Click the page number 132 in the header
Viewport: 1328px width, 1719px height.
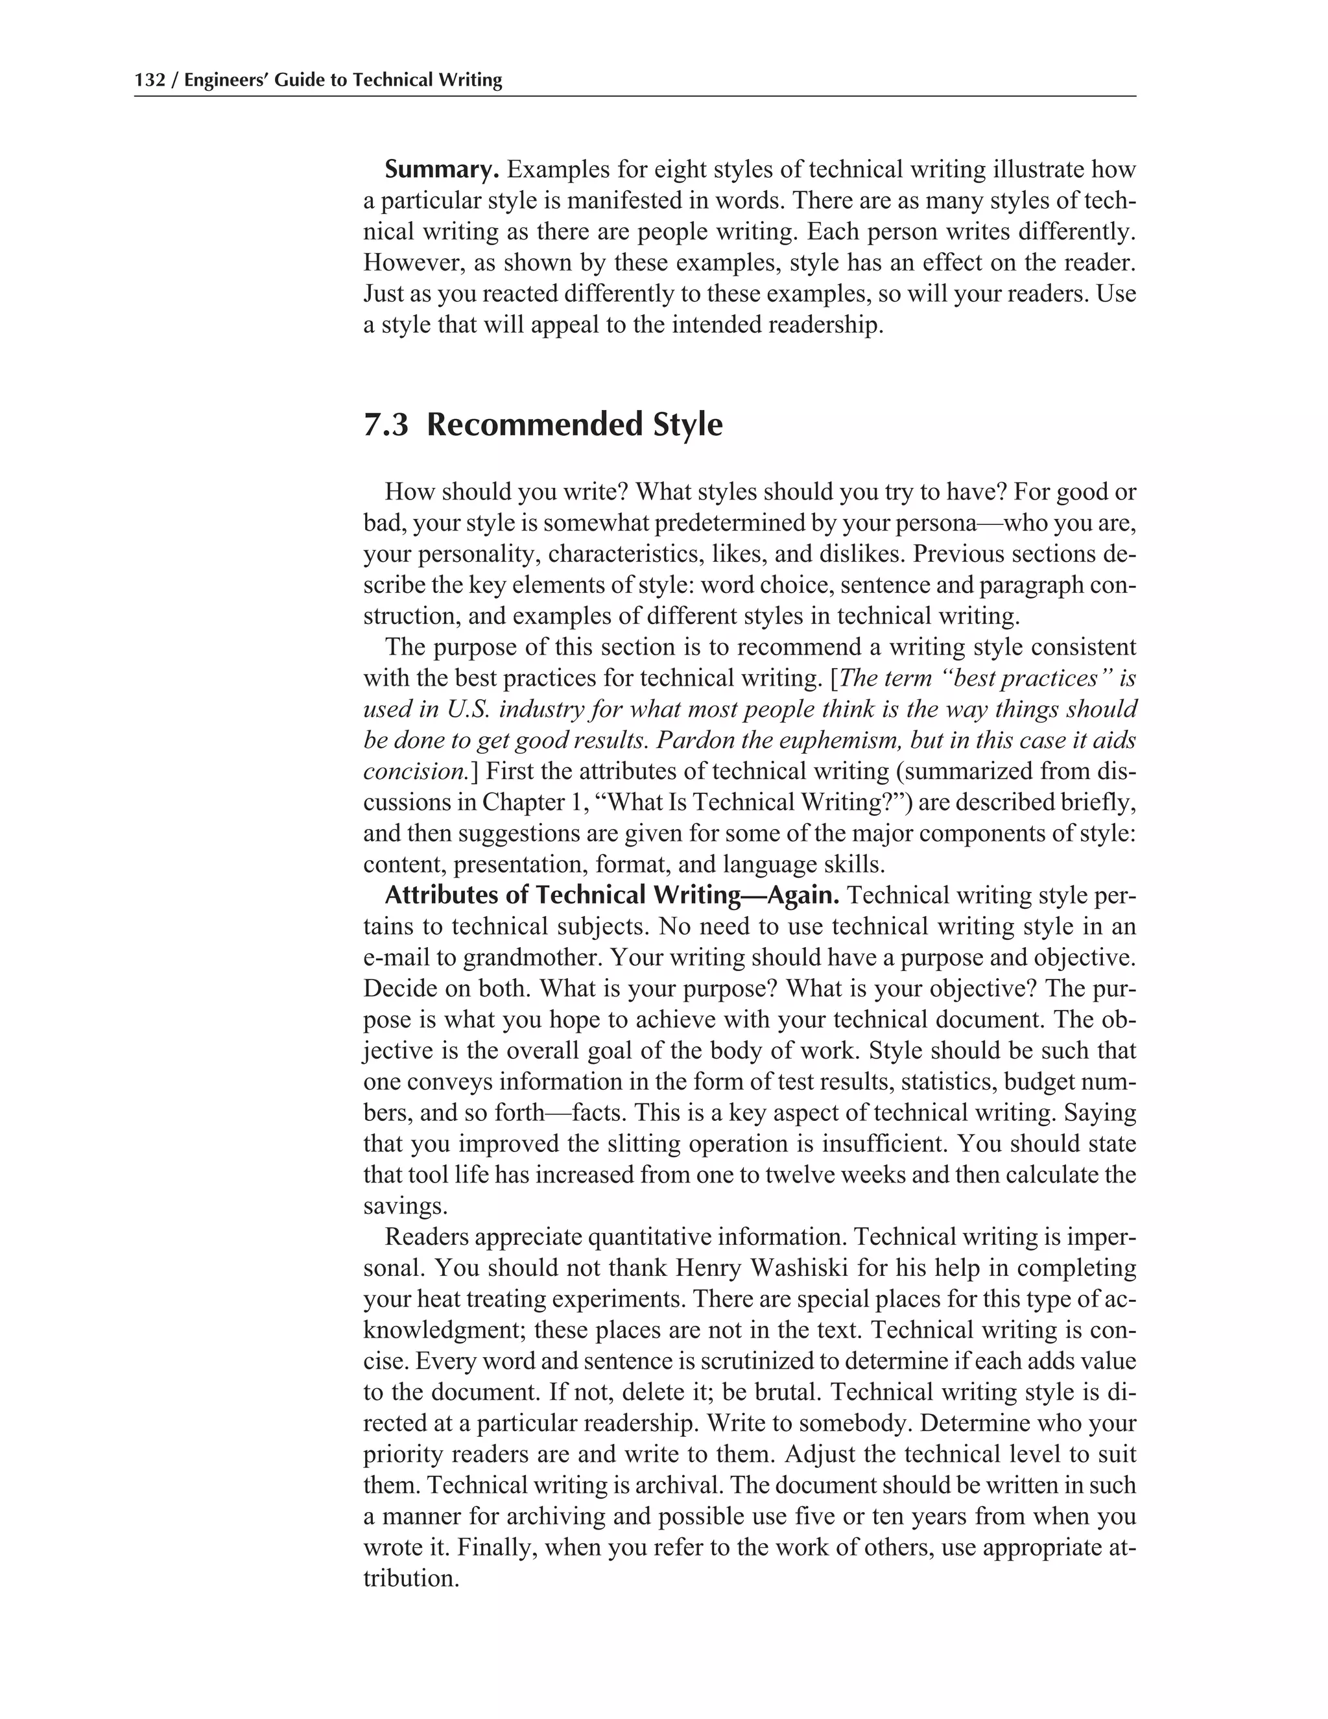point(150,80)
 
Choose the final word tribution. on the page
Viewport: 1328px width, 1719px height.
point(410,1578)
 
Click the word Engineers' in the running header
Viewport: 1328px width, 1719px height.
point(226,80)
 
